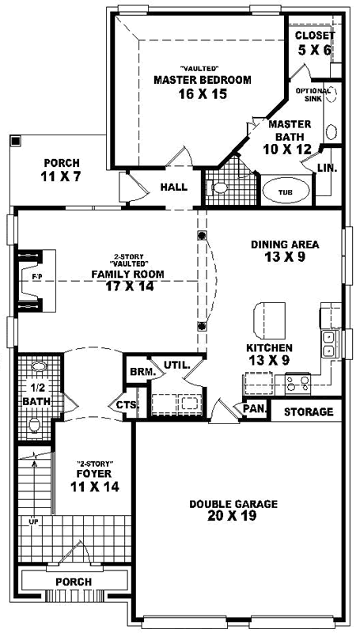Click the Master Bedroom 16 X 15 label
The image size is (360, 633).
pyautogui.click(x=203, y=85)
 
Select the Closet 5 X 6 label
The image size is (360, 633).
pyautogui.click(x=315, y=42)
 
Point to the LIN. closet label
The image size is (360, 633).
pyautogui.click(x=326, y=168)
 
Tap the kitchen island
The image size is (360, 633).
pyautogui.click(x=267, y=319)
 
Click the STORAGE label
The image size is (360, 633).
pyautogui.click(x=309, y=411)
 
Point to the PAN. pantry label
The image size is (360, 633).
pyautogui.click(x=253, y=409)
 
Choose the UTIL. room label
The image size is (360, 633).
pyautogui.click(x=175, y=365)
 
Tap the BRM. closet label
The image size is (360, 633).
pyautogui.click(x=139, y=370)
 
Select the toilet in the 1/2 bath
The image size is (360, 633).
pyautogui.click(x=34, y=426)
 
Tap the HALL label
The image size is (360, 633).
pyautogui.click(x=173, y=188)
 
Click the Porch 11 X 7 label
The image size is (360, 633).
pyautogui.click(x=60, y=169)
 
